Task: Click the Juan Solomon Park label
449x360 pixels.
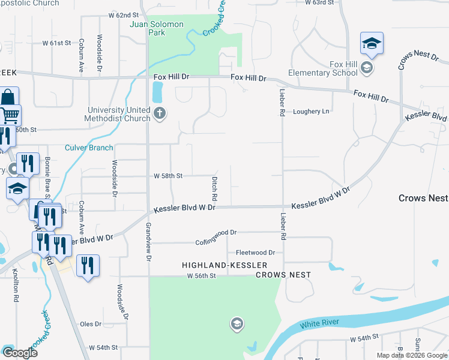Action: (x=157, y=28)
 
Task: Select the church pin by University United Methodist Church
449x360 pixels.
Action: (x=159, y=113)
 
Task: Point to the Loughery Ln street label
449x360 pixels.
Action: (x=311, y=112)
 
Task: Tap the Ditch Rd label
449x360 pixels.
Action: (x=214, y=188)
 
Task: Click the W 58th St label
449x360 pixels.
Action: (x=167, y=176)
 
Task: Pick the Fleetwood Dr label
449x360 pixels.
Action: (x=255, y=253)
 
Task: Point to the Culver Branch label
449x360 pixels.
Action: (x=89, y=148)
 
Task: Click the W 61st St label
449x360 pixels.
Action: (x=56, y=43)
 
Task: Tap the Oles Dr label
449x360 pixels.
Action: (x=91, y=324)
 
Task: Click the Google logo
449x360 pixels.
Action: (x=20, y=353)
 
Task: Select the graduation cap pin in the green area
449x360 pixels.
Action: (x=237, y=325)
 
